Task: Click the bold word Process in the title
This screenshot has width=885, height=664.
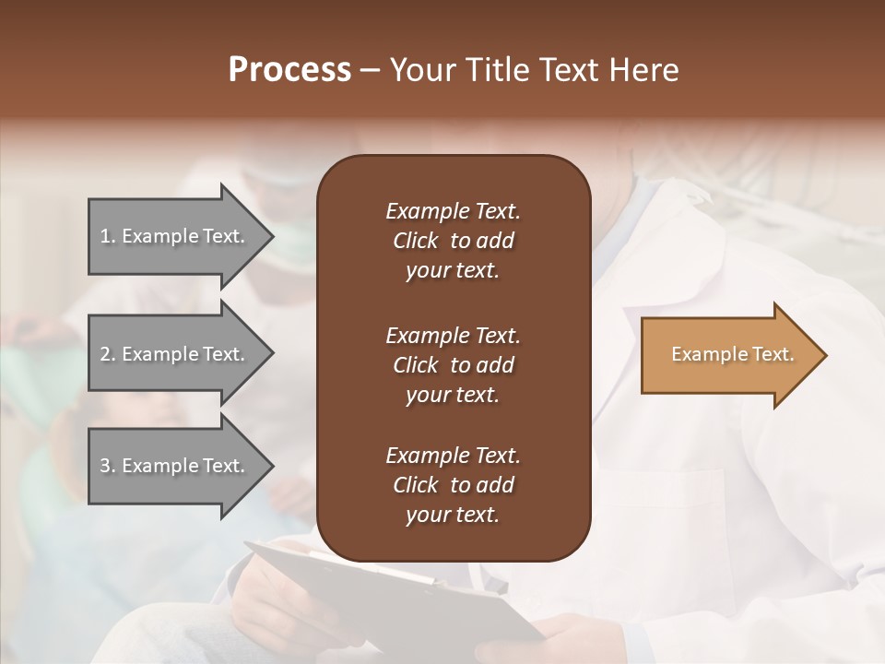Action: point(289,70)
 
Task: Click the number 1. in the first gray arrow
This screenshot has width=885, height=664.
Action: point(108,236)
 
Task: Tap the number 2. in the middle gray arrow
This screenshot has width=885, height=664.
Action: point(108,354)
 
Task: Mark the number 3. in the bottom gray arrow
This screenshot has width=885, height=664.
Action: point(108,466)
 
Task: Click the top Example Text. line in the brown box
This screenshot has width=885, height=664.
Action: point(453,211)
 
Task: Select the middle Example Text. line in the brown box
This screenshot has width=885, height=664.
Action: point(453,336)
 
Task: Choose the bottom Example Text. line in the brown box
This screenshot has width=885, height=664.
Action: point(453,456)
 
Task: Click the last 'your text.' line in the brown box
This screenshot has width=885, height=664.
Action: point(453,516)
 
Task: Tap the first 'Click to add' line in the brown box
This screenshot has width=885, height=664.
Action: point(453,241)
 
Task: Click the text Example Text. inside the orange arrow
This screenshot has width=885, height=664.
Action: point(732,355)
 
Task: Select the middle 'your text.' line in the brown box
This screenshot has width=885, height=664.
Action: point(453,395)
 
